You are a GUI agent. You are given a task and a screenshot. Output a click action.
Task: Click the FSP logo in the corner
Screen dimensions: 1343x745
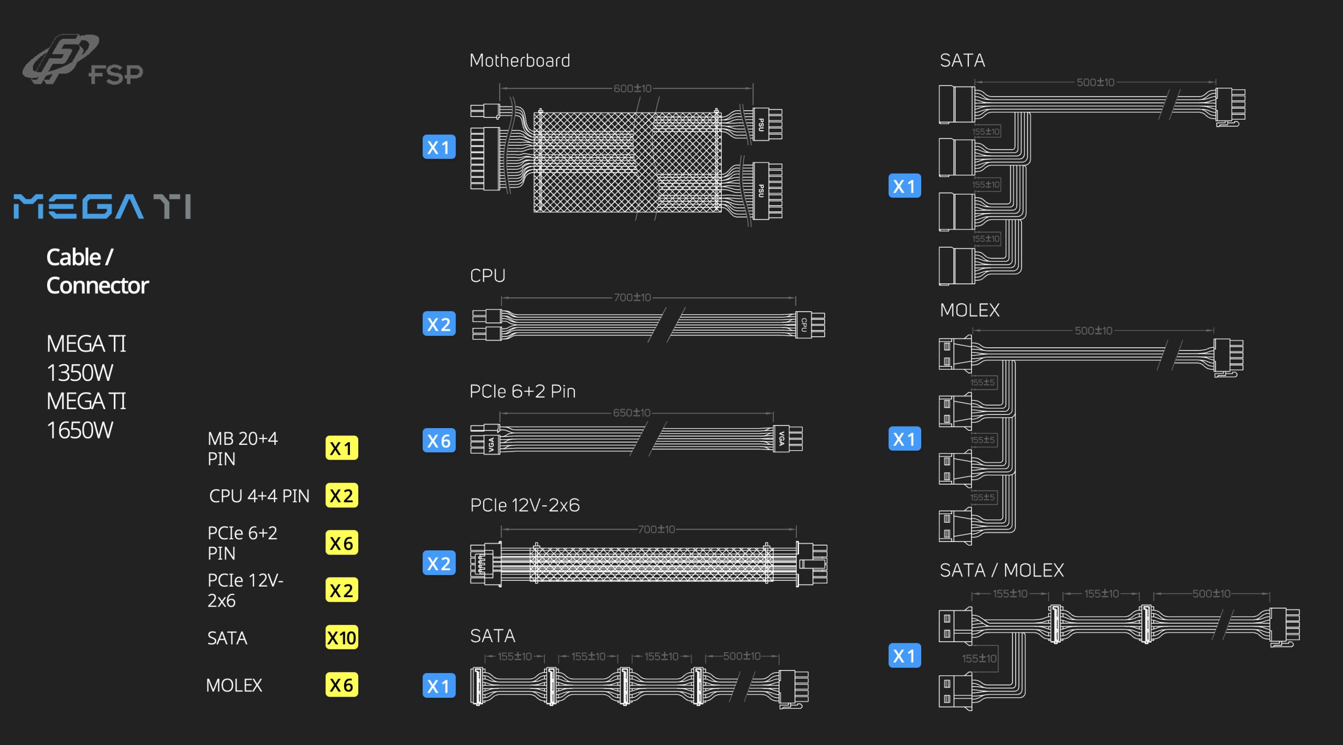click(82, 60)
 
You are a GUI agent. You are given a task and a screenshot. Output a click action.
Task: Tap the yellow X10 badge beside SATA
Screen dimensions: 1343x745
click(342, 637)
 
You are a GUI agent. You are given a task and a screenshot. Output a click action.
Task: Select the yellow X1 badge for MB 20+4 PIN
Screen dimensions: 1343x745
click(342, 448)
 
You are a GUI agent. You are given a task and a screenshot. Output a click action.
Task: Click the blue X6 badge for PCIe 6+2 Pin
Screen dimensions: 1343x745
click(439, 441)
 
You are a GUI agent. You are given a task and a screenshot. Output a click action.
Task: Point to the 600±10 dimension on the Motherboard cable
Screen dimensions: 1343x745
click(633, 89)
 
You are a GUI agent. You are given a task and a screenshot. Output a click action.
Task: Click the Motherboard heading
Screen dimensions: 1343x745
click(520, 60)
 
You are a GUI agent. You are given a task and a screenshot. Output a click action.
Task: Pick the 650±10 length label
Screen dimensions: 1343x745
click(632, 413)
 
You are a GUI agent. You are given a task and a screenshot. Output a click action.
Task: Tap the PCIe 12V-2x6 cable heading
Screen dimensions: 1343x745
click(525, 505)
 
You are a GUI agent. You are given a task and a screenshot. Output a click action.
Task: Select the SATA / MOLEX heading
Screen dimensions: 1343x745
click(1002, 570)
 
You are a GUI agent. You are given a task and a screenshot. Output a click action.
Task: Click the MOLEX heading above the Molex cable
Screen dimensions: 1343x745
click(970, 310)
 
